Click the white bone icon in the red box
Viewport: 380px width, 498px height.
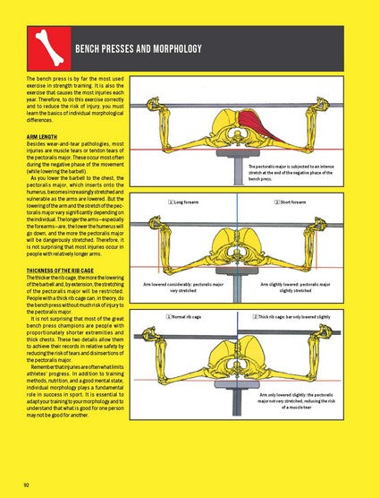[46, 47]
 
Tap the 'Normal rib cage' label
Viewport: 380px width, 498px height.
[190, 317]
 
